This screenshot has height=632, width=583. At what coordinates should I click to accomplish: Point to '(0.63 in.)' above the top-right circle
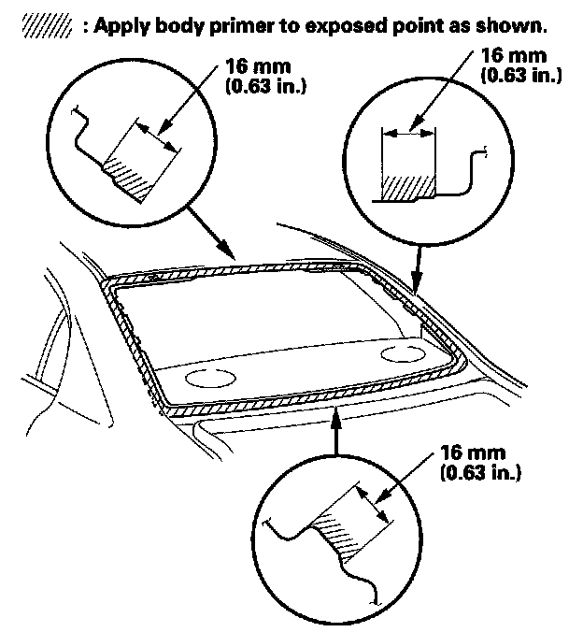[519, 75]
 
